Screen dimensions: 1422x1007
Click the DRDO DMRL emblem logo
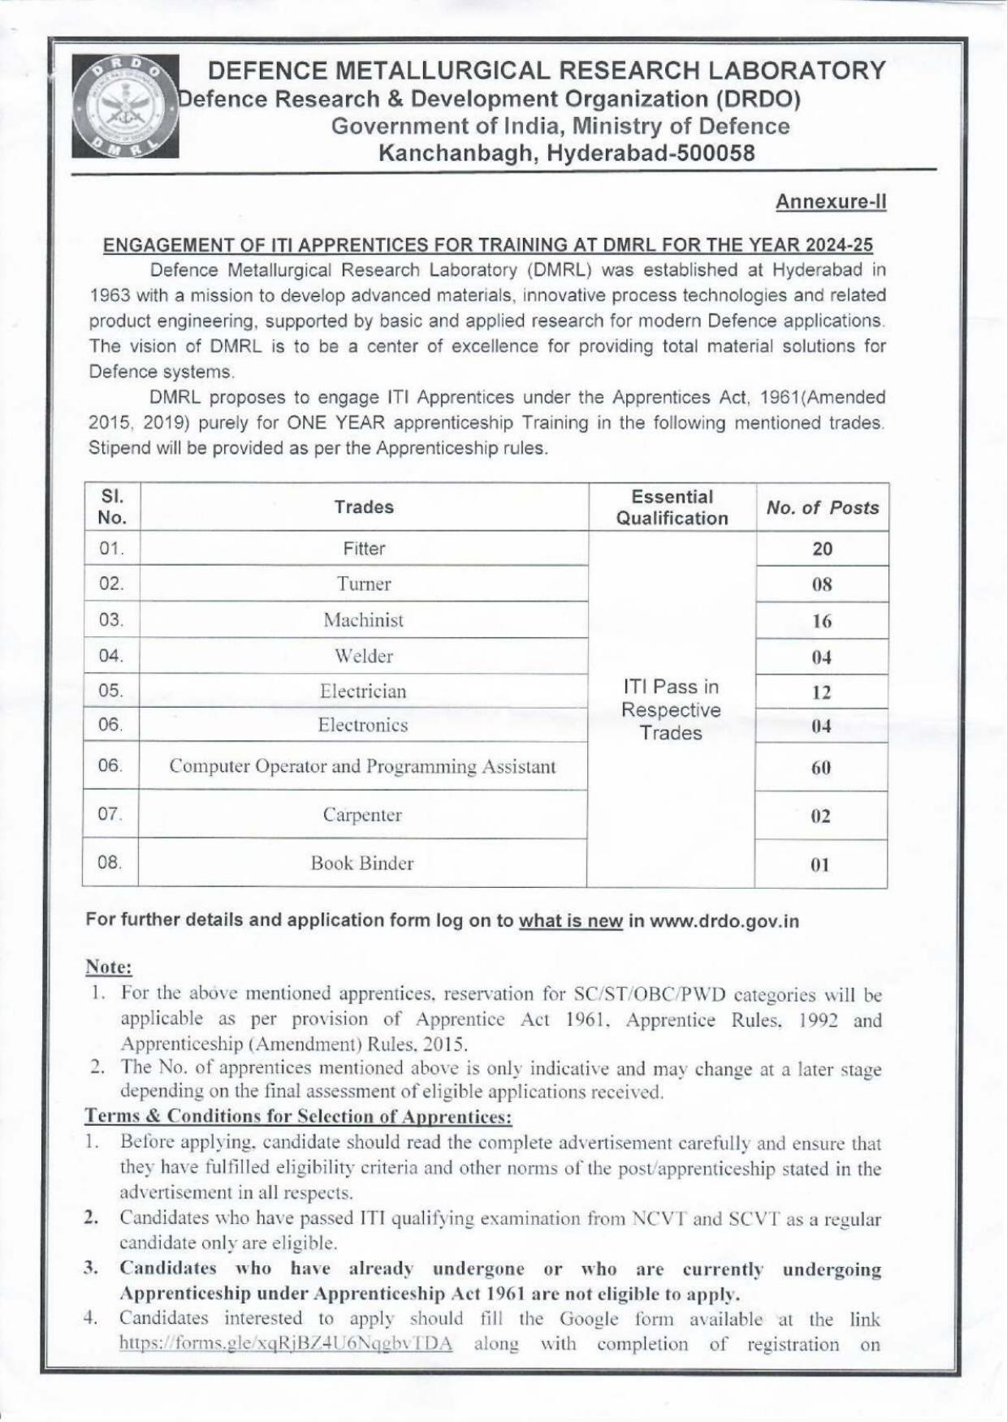pyautogui.click(x=125, y=106)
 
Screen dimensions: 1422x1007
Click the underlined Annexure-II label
pyautogui.click(x=830, y=201)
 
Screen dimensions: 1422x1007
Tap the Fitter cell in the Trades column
pyautogui.click(x=364, y=549)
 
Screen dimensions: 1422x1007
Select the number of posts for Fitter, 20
pyautogui.click(x=822, y=549)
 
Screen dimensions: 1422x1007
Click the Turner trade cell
pyautogui.click(x=364, y=584)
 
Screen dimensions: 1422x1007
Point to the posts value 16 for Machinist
pyautogui.click(x=822, y=622)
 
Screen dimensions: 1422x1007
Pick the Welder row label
pyautogui.click(x=364, y=656)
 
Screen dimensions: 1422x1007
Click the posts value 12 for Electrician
pyautogui.click(x=822, y=692)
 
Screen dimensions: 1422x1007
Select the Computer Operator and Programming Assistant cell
pyautogui.click(x=362, y=766)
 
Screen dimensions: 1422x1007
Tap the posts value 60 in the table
pyautogui.click(x=821, y=768)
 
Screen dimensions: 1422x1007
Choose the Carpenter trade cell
pyautogui.click(x=362, y=815)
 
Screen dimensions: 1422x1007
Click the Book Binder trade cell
pyautogui.click(x=362, y=864)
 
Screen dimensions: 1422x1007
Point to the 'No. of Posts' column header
pyautogui.click(x=822, y=508)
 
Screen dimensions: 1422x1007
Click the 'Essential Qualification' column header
pyautogui.click(x=672, y=507)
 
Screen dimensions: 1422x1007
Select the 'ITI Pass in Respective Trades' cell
pyautogui.click(x=671, y=710)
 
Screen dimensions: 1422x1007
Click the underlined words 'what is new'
pyautogui.click(x=570, y=920)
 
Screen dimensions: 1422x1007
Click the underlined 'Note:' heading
pyautogui.click(x=109, y=967)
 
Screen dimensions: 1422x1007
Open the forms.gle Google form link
pyautogui.click(x=286, y=1343)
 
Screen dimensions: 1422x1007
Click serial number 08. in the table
pyautogui.click(x=110, y=863)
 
